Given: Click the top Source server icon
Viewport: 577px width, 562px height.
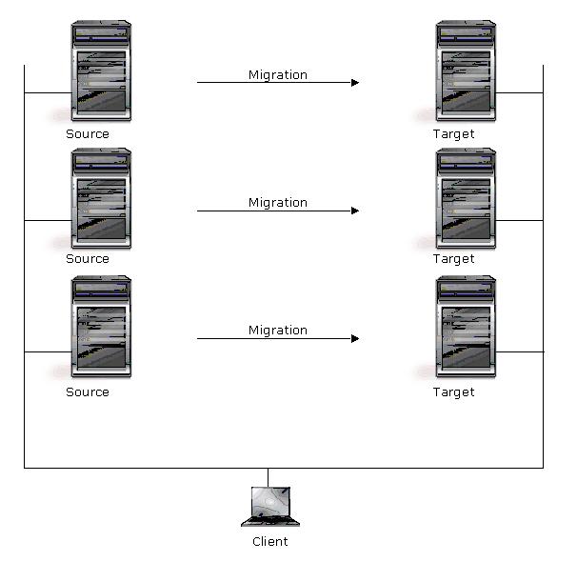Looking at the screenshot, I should tap(100, 72).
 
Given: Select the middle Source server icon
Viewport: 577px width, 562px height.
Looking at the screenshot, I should tap(100, 199).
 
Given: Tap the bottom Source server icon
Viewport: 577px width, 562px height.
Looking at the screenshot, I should tap(100, 328).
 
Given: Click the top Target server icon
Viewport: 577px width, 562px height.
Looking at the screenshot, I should tap(466, 72).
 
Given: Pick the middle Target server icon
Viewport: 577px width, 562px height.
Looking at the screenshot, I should tap(466, 199).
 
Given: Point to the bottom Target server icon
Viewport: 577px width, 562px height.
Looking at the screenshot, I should tap(466, 328).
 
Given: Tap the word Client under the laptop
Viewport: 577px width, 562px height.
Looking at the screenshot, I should tap(270, 542).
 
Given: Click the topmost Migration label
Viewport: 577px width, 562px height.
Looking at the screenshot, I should tap(278, 74).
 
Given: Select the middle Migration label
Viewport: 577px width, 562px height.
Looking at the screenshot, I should tap(278, 202).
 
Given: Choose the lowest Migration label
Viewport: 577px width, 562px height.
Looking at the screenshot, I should tap(278, 330).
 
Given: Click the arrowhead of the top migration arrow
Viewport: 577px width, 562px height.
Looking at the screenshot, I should tap(355, 83).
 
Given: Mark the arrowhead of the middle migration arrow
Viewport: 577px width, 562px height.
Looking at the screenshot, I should tap(355, 211).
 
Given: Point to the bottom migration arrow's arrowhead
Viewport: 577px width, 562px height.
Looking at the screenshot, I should tap(355, 338).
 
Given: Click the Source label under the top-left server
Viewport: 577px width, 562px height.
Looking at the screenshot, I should tap(88, 134).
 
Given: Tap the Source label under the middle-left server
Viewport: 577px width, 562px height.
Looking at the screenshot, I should tap(88, 258).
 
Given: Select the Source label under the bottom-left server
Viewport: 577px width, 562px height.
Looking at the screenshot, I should tap(88, 391).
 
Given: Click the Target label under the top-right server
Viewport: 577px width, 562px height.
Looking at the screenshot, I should tap(453, 134).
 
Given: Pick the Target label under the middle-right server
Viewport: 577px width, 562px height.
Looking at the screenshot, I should tap(453, 258).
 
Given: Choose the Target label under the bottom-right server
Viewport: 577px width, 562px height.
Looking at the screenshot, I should tap(453, 391).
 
